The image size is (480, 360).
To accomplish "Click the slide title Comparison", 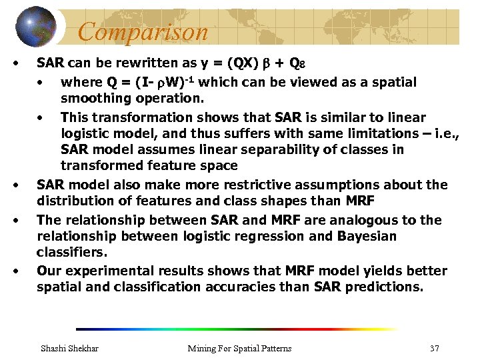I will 143,31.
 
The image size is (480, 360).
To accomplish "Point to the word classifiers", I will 69,253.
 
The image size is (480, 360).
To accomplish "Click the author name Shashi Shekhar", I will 69,348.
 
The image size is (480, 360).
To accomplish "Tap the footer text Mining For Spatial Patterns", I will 239,348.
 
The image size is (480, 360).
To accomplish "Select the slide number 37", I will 435,348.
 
